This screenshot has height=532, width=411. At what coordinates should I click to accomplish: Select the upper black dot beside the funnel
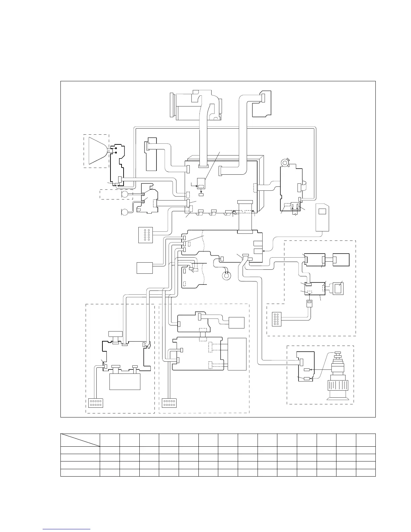(116, 148)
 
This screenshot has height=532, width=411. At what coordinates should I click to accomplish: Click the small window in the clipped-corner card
(322, 212)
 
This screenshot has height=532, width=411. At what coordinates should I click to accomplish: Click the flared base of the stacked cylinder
(339, 398)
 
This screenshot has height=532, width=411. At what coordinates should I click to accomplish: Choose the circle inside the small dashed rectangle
(125, 194)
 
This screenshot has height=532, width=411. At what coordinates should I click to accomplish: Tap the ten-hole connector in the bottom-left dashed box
(96, 403)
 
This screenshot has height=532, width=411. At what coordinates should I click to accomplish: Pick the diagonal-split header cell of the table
(80, 440)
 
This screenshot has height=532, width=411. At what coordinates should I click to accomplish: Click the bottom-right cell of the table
(366, 473)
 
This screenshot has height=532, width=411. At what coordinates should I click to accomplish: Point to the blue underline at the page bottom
(67, 529)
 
